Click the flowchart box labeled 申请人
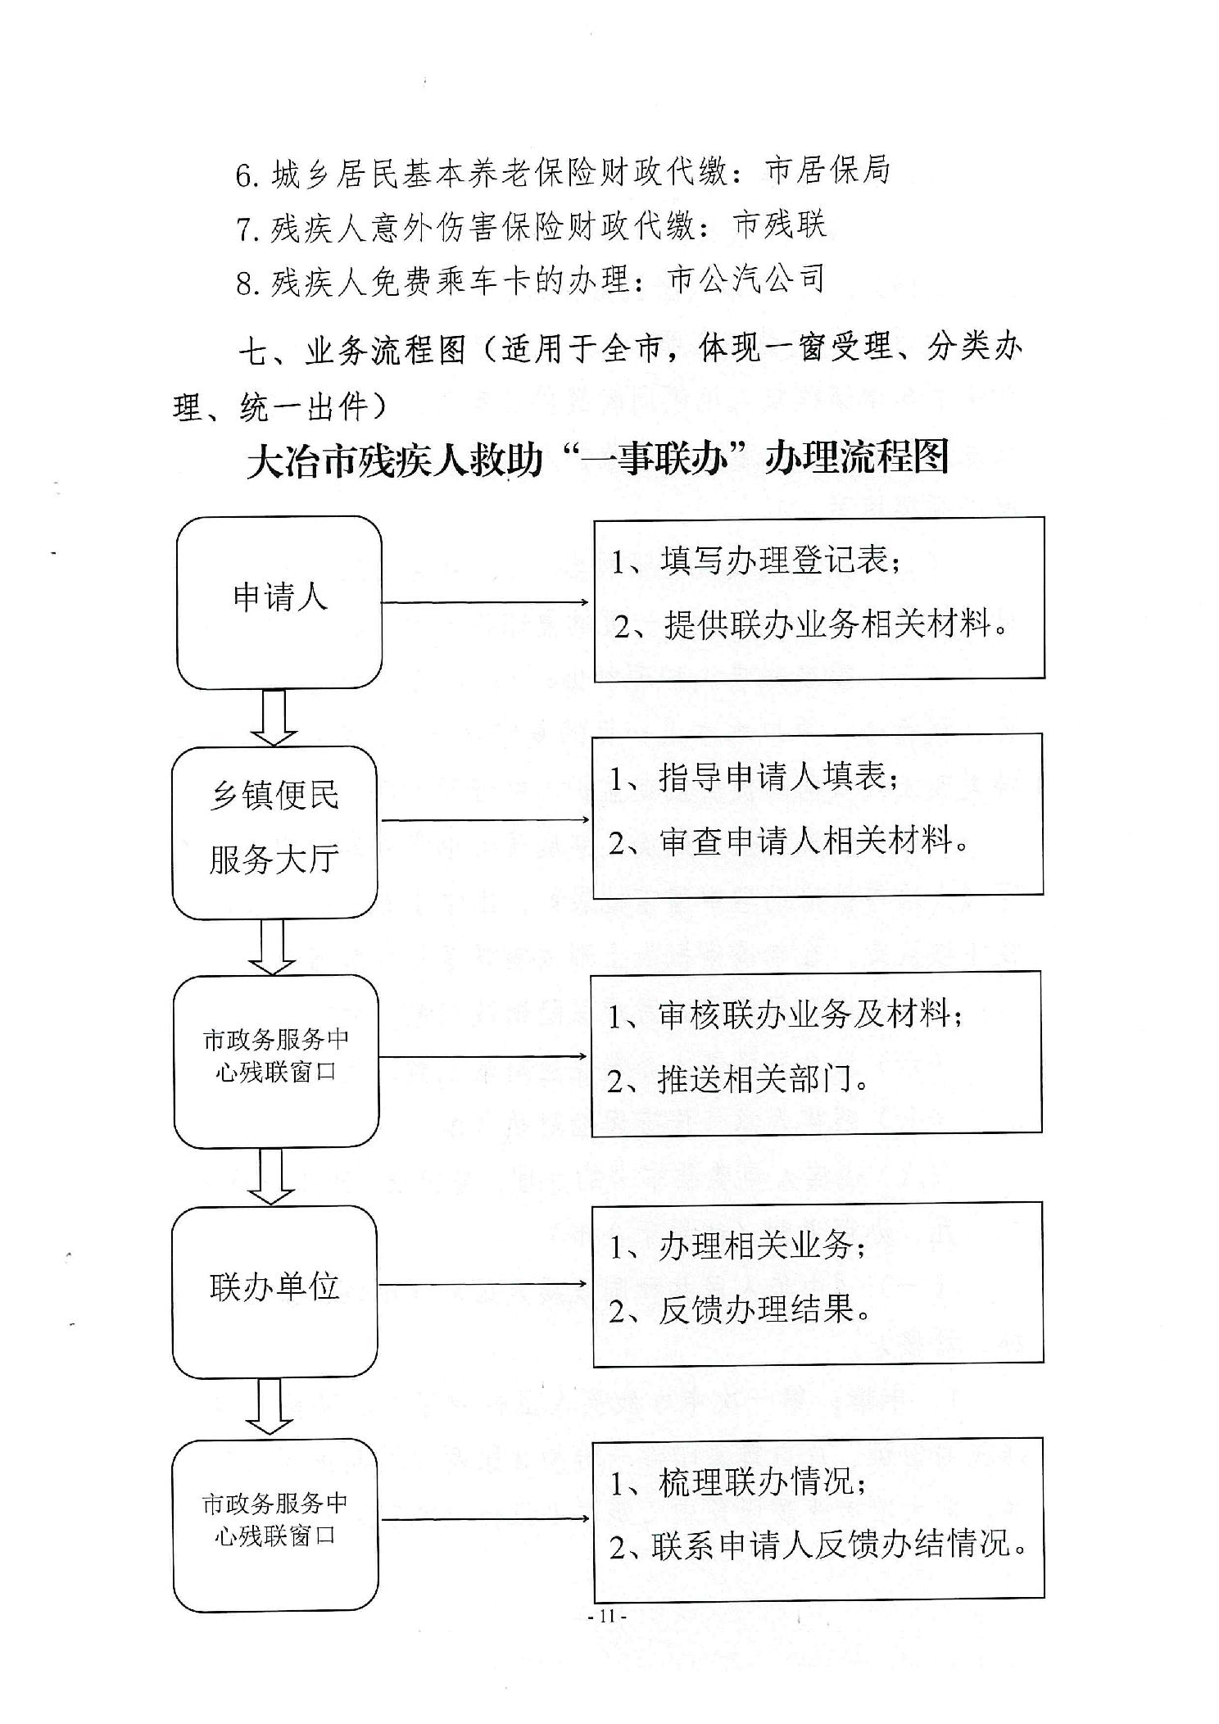[x=279, y=602]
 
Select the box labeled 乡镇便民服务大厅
[x=274, y=833]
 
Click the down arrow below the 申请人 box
[x=274, y=718]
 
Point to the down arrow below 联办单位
[x=270, y=1407]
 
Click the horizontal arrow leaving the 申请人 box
[x=485, y=602]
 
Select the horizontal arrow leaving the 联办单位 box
[x=483, y=1284]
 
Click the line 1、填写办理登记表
[x=756, y=561]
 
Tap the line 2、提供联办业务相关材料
[x=811, y=624]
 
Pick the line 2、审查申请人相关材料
[x=789, y=841]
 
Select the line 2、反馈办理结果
[x=740, y=1309]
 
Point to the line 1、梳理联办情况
[x=738, y=1481]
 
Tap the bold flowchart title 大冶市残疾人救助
[x=395, y=459]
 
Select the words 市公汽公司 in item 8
[x=746, y=279]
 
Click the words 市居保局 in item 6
[x=827, y=171]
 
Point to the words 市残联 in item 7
[x=780, y=225]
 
